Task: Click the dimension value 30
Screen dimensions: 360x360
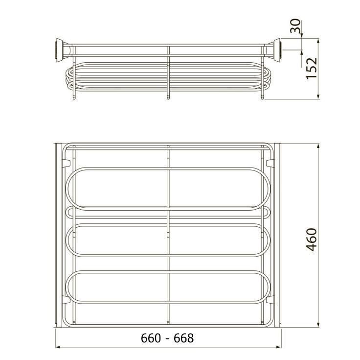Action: (x=295, y=26)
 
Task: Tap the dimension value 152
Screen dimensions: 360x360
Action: (x=312, y=69)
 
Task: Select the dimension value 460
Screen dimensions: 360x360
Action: (x=312, y=240)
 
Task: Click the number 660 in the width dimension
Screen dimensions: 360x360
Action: (x=151, y=338)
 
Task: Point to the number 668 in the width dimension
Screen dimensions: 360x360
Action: (x=184, y=338)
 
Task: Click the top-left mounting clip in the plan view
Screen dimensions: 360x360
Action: (x=66, y=163)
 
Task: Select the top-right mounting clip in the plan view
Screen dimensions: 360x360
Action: (x=270, y=163)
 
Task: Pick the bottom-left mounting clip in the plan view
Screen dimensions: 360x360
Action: (x=66, y=300)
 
